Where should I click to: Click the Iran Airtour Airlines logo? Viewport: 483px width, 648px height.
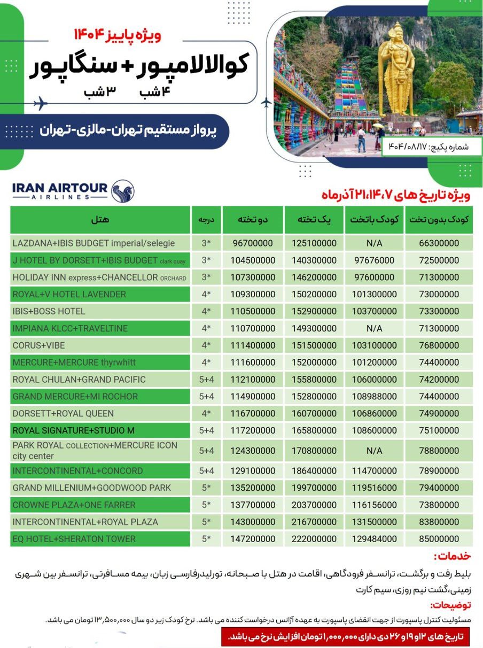[x=73, y=191]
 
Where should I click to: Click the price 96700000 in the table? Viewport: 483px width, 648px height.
[x=253, y=243]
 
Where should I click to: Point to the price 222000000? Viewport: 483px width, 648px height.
[x=314, y=539]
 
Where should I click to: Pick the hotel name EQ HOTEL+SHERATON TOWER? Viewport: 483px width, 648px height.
[x=74, y=539]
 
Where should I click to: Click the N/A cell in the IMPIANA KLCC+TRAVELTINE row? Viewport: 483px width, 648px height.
[x=374, y=328]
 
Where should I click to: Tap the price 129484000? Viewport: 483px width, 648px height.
[x=374, y=539]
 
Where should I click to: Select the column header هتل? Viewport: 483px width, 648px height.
[x=100, y=220]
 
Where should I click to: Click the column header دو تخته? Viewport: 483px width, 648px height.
[x=253, y=220]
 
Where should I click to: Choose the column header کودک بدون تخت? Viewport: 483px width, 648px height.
[x=439, y=220]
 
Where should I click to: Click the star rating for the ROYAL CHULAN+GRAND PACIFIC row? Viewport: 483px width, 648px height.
[x=206, y=380]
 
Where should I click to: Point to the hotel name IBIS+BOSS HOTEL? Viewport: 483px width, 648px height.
[x=49, y=311]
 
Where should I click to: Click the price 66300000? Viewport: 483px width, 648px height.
[x=439, y=243]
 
